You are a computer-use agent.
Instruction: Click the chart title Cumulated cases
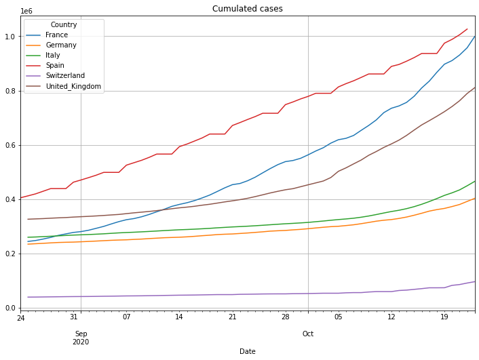(x=248, y=9)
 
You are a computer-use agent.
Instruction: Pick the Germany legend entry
(x=61, y=45)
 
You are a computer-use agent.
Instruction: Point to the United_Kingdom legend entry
(x=74, y=87)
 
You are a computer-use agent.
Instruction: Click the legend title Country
(x=63, y=24)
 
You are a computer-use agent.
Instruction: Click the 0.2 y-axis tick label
(x=10, y=254)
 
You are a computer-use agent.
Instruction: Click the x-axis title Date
(x=248, y=351)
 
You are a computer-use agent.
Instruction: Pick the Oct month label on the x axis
(x=308, y=333)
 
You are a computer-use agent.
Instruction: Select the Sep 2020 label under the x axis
(x=81, y=337)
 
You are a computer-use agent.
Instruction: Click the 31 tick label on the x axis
(x=75, y=317)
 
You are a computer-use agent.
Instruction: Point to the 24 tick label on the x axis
(x=21, y=317)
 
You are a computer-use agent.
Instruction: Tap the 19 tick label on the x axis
(x=444, y=317)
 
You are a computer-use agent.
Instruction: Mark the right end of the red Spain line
(x=467, y=29)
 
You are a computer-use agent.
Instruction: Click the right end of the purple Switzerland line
(x=474, y=281)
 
